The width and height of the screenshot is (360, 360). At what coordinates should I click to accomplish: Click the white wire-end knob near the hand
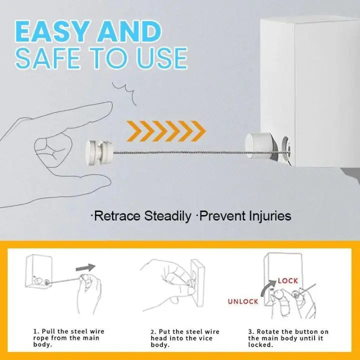(99, 152)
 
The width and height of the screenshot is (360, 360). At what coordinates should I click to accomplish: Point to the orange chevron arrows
(166, 131)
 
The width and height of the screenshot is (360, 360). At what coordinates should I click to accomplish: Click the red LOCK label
(288, 281)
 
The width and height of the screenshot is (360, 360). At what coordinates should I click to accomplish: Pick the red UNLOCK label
(243, 301)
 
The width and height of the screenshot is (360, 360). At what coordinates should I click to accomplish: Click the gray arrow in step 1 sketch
(85, 267)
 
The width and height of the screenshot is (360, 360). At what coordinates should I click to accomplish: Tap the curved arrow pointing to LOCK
(267, 287)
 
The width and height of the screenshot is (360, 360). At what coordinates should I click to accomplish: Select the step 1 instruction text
(68, 337)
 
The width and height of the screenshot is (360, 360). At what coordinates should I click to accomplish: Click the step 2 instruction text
(185, 338)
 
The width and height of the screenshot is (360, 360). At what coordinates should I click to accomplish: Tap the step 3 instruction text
(288, 338)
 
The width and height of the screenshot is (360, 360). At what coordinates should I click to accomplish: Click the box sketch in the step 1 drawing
(38, 271)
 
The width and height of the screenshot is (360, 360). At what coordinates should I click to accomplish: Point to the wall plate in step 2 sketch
(198, 283)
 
